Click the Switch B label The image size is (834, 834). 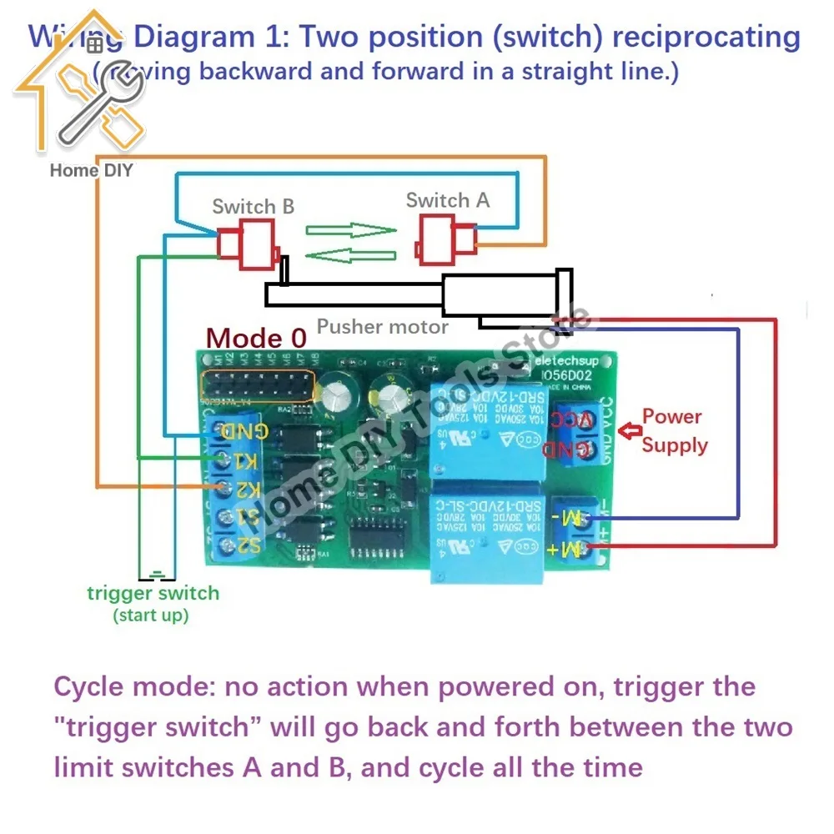[253, 206]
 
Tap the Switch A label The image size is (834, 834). [447, 200]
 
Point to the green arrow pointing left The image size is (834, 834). [349, 255]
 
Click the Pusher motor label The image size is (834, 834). [382, 326]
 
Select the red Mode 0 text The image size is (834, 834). [256, 338]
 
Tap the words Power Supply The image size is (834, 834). [674, 430]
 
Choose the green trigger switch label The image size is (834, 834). [153, 594]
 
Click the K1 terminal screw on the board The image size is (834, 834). [224, 460]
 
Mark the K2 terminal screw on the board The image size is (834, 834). [224, 488]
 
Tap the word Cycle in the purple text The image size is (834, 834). [91, 688]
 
